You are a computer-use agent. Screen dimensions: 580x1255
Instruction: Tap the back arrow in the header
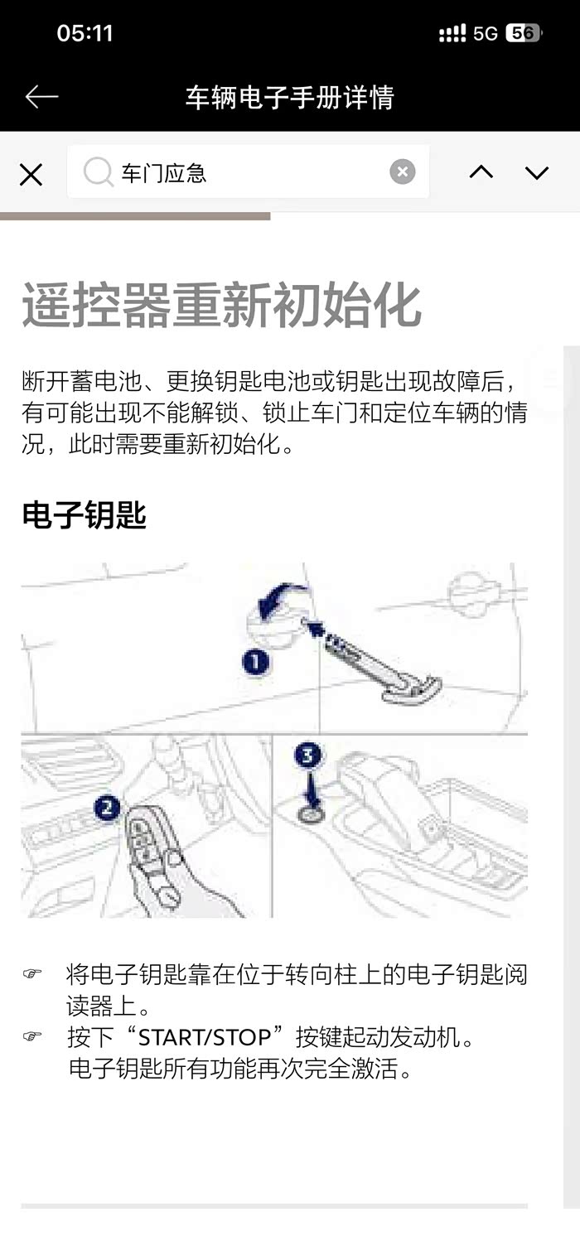(42, 97)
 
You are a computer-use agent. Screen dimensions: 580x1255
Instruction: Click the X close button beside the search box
(31, 174)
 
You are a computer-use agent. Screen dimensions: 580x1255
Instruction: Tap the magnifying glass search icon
(98, 171)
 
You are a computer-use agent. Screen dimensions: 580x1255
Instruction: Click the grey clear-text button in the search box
(403, 171)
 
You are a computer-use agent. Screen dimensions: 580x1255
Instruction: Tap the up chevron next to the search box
(481, 171)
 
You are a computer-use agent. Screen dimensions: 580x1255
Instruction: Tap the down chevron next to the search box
(537, 172)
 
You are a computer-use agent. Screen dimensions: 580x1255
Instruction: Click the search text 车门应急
(163, 173)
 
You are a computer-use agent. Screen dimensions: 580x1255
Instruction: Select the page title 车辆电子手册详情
(290, 98)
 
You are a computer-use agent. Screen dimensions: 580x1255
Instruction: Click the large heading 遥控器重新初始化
(221, 305)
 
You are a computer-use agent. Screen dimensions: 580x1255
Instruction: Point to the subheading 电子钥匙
(84, 514)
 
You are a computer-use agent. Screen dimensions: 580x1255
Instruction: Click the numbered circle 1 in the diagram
(255, 662)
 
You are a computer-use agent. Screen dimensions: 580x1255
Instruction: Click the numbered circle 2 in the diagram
(107, 808)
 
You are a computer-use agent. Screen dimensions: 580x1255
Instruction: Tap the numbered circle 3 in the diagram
(307, 755)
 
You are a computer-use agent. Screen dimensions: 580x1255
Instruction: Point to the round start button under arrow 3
(311, 814)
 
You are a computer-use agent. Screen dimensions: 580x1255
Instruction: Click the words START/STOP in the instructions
(205, 1038)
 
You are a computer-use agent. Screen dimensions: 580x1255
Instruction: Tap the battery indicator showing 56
(523, 33)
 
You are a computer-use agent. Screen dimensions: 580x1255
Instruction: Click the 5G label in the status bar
(486, 34)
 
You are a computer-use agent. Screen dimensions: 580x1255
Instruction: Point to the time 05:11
(85, 33)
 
